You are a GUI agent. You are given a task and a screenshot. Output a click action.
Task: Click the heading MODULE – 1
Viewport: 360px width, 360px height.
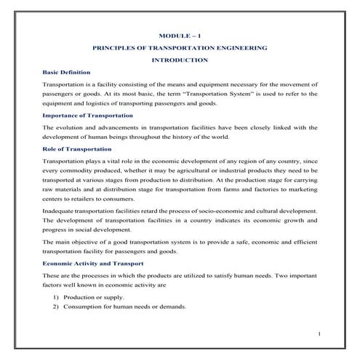[180, 35]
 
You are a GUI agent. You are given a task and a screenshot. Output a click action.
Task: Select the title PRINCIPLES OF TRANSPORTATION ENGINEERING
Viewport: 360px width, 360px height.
[180, 47]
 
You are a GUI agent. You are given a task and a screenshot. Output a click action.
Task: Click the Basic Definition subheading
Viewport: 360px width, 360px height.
[66, 72]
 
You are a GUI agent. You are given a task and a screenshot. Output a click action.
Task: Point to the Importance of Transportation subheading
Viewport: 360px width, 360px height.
[87, 115]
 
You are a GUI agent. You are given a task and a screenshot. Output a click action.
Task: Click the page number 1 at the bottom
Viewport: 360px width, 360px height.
[319, 334]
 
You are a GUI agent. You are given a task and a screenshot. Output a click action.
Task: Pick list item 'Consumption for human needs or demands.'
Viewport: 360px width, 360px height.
[124, 306]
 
